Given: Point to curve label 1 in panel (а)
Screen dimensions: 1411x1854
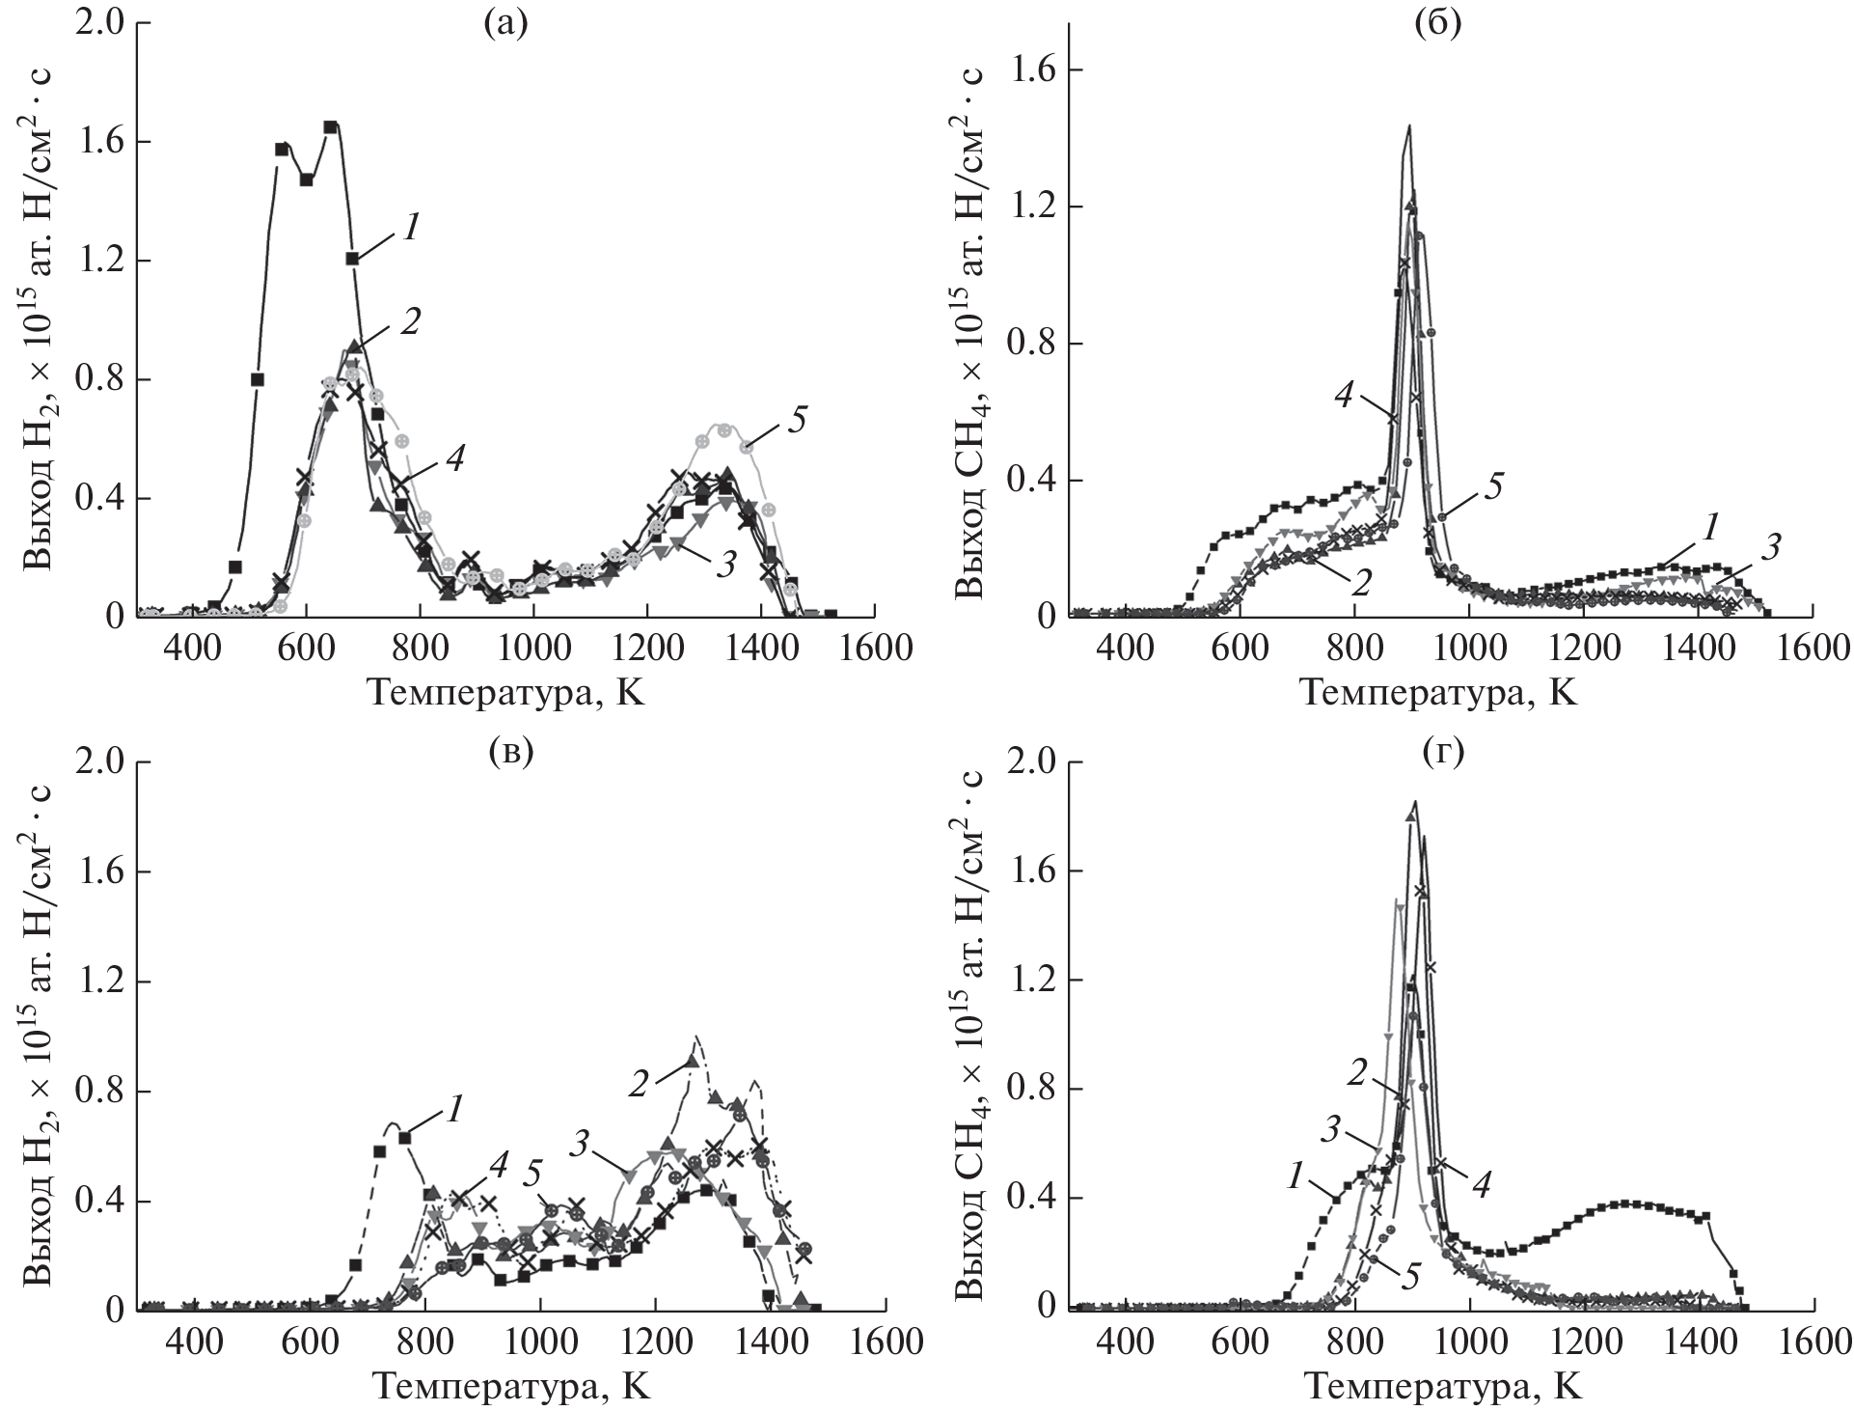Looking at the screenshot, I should [x=410, y=227].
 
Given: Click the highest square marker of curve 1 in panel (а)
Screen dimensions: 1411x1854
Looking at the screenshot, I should [x=330, y=126].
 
